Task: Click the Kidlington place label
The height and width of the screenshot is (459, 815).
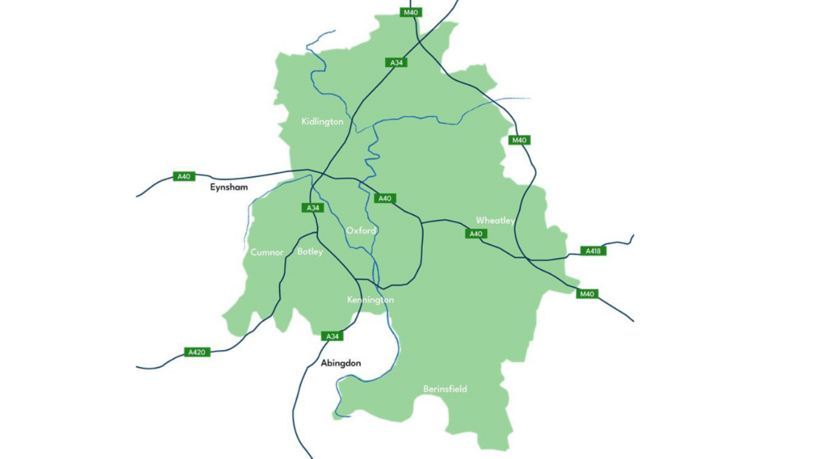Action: click(x=322, y=122)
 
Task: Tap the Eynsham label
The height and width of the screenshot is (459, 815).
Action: click(x=229, y=187)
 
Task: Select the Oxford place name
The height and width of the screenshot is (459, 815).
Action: click(x=361, y=231)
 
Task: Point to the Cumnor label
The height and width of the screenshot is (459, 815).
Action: click(x=267, y=253)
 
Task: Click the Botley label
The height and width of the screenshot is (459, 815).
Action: click(x=310, y=252)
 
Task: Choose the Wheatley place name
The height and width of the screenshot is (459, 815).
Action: click(x=495, y=221)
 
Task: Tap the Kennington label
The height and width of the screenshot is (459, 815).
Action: click(x=370, y=300)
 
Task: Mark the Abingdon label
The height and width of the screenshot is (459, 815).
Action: click(x=341, y=363)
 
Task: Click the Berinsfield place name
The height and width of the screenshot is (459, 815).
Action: click(x=445, y=389)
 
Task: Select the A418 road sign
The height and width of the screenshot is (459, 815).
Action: click(x=593, y=251)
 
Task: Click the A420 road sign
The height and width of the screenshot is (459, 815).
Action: click(x=197, y=352)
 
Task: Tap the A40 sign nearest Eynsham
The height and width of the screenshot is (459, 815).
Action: click(x=184, y=176)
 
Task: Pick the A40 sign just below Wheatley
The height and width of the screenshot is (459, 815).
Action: click(x=476, y=234)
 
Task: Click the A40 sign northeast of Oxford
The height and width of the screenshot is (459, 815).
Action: click(x=385, y=198)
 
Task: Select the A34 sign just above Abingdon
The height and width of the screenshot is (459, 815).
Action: click(x=332, y=336)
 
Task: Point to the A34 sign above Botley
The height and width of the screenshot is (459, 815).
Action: click(x=313, y=207)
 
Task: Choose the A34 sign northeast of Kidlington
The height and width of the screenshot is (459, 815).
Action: click(x=396, y=62)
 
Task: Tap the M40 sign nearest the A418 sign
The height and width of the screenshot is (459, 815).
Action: click(x=587, y=294)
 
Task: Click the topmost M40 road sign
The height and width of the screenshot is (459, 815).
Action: click(x=411, y=12)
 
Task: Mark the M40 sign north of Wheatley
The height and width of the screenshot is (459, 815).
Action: click(x=519, y=140)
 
